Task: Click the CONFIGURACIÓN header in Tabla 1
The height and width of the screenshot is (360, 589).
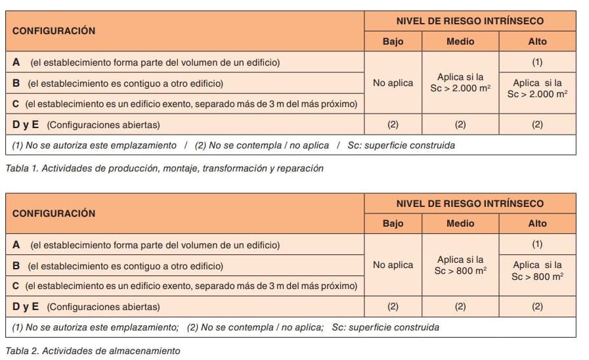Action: tap(54, 31)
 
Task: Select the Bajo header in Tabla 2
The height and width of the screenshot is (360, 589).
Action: tap(393, 223)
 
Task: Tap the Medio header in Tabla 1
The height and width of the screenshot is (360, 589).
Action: tap(460, 41)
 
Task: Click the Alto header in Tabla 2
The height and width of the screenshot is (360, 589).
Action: tap(537, 223)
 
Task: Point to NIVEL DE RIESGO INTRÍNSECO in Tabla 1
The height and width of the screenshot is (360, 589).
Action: tap(469, 21)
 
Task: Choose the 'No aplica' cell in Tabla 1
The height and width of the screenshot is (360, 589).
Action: tap(393, 83)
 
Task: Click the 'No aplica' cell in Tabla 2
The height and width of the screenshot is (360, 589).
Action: tap(393, 265)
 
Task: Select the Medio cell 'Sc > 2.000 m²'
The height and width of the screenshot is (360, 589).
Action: tap(460, 83)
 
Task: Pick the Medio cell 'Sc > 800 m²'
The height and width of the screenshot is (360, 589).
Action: tap(460, 265)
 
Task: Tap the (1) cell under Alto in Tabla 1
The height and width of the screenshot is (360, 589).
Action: tap(537, 62)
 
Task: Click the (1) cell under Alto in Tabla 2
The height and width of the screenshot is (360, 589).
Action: tap(537, 244)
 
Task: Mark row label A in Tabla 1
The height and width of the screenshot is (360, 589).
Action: tap(16, 62)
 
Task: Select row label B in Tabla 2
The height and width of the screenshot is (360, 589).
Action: tap(16, 266)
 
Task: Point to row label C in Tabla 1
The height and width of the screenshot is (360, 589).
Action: tap(16, 104)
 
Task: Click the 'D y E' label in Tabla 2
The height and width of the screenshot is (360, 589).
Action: tap(26, 306)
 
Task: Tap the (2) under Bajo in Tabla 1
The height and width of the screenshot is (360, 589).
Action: tap(393, 124)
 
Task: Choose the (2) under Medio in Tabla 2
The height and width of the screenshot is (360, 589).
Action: tap(460, 306)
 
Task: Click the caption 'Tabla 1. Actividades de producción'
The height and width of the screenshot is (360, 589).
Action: tap(164, 168)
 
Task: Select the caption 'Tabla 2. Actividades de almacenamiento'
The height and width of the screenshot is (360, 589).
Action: tap(93, 351)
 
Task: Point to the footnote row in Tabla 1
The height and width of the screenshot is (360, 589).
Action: tap(233, 145)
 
